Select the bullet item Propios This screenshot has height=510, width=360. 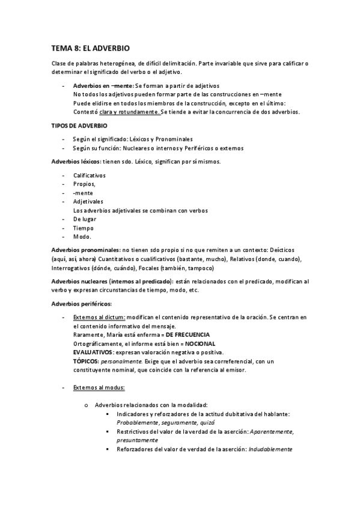coord(84,185)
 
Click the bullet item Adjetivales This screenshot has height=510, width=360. coord(88,201)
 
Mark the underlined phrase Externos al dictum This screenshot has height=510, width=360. coord(99,317)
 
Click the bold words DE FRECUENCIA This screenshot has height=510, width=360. coord(188,334)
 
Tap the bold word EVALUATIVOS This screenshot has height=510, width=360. coord(96,352)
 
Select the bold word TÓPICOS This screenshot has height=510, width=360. coord(86,361)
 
